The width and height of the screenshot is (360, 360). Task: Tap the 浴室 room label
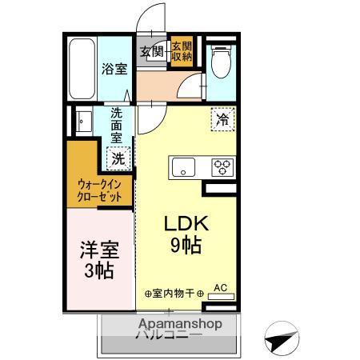(x=113, y=70)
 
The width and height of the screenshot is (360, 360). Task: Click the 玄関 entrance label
(x=152, y=54)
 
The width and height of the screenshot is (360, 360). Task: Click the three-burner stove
(x=221, y=167)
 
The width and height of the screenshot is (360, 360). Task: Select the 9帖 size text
(x=184, y=246)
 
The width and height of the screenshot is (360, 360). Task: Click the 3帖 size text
(x=99, y=270)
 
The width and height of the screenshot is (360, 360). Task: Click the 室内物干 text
(x=174, y=294)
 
